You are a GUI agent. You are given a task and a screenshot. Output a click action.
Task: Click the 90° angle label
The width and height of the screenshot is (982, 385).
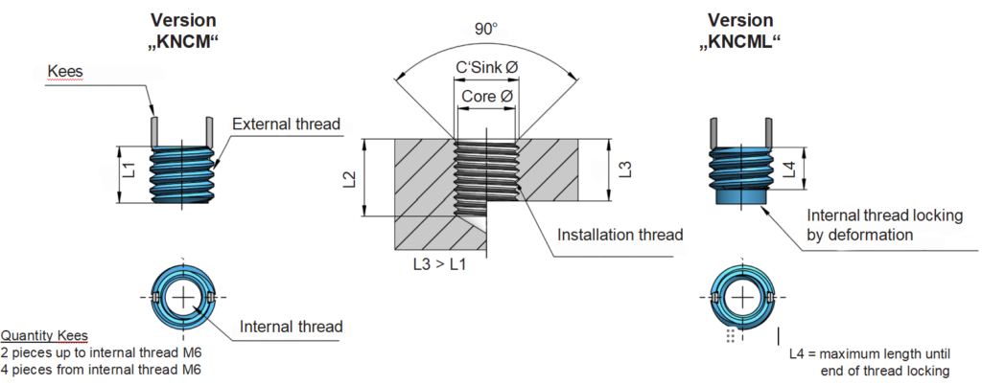485,29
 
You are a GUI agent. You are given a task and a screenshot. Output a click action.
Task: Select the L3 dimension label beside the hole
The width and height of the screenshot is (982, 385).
624,170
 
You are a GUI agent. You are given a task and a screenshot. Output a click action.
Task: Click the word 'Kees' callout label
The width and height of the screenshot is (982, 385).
66,73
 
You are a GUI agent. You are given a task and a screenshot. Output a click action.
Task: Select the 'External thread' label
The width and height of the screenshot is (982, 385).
287,125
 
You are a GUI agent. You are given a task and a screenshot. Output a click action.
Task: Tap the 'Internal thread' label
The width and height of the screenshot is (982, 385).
291,327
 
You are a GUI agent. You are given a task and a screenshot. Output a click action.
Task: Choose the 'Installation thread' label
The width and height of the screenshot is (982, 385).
620,234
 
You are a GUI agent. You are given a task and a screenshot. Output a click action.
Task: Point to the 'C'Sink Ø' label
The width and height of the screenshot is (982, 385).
485,70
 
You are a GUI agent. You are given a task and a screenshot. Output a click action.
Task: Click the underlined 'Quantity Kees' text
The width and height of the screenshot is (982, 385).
44,336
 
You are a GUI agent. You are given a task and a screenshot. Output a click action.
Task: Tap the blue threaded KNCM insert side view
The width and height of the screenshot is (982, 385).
182,173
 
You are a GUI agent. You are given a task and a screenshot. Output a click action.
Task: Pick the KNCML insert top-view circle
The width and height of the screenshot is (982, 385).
740,299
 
